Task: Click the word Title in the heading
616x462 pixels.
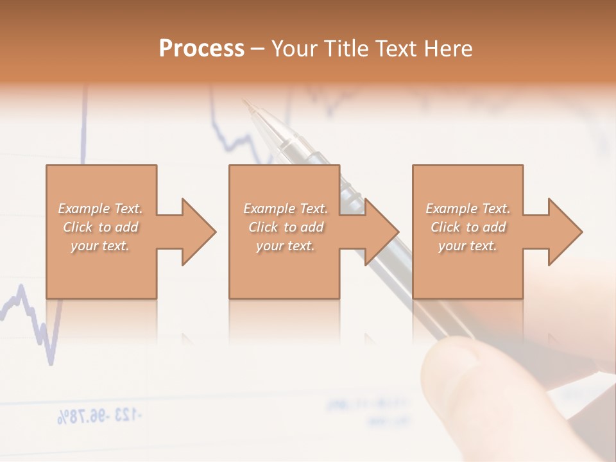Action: tap(346, 49)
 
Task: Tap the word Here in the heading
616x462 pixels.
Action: tap(449, 49)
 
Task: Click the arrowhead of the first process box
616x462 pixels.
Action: tap(198, 232)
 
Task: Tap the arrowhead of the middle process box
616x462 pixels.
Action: tap(381, 232)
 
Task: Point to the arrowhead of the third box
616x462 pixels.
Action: tap(565, 232)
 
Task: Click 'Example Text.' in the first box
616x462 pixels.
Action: tap(101, 209)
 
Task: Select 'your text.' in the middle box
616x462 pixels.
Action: tap(285, 246)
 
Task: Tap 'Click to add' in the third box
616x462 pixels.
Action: tap(468, 227)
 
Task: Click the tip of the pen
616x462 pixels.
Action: tap(246, 102)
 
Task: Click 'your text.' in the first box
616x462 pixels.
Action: tap(100, 246)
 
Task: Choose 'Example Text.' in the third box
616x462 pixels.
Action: tap(468, 209)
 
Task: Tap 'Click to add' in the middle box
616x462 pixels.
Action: tap(286, 227)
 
